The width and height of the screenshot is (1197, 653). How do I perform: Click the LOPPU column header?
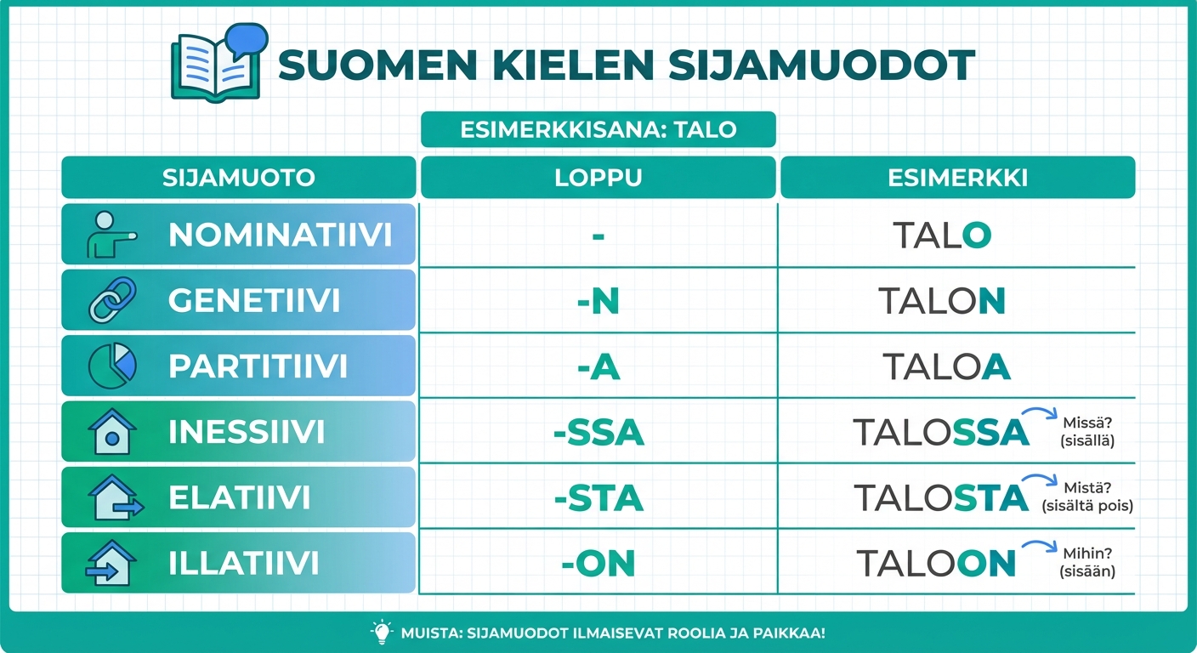pos(598,178)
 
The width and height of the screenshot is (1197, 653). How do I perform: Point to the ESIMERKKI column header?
pos(957,178)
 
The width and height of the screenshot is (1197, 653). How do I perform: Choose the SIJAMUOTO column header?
pos(238,178)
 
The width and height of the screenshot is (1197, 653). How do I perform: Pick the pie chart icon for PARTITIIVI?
pos(112,366)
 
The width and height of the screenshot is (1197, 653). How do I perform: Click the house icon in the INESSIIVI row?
pos(112,431)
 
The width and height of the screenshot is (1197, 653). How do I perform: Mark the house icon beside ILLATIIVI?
pos(112,563)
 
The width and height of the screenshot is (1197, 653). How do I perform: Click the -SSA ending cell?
pos(598,433)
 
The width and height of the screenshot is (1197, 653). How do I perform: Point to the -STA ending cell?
pos(598,498)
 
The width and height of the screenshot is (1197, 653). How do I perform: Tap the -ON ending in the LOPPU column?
pos(598,564)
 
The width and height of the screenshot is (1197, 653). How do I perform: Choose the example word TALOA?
pos(945,366)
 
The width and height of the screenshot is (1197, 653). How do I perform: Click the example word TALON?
pos(941,300)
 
